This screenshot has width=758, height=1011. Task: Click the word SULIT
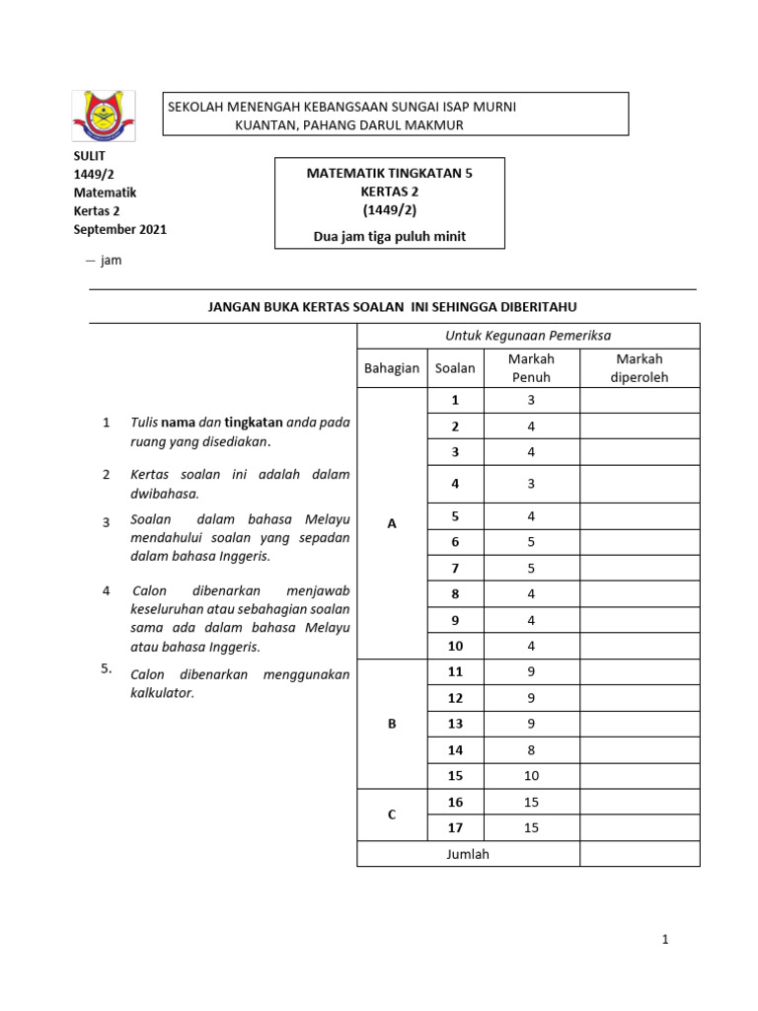(x=89, y=156)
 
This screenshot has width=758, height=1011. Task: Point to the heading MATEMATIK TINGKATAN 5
(x=390, y=173)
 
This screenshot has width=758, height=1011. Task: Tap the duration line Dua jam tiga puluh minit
(x=390, y=236)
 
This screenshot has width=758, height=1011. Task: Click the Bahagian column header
(x=392, y=368)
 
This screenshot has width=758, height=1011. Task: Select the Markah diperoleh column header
(x=639, y=368)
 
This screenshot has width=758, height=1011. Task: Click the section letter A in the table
(x=392, y=523)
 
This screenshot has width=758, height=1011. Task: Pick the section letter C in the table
(x=392, y=815)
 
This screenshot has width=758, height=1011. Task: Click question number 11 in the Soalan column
(x=455, y=672)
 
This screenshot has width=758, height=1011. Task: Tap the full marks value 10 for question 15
(x=531, y=776)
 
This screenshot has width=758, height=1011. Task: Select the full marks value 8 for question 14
(x=531, y=750)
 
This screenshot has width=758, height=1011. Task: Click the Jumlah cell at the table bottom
(x=468, y=854)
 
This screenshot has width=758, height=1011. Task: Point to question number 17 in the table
(x=455, y=828)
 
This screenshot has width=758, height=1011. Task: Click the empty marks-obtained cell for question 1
(x=639, y=401)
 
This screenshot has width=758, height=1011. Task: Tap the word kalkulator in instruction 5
(x=163, y=693)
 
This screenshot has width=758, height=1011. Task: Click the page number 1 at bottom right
(x=666, y=940)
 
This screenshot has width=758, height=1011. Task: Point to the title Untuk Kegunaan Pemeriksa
(x=527, y=336)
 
